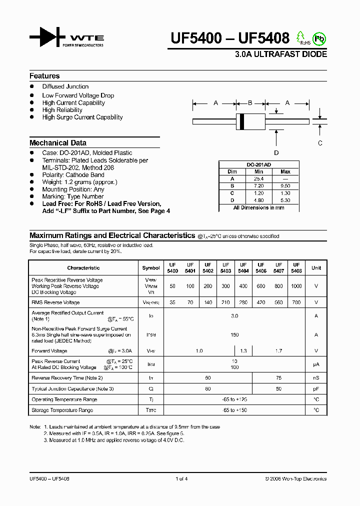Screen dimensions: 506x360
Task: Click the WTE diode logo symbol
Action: [47, 38]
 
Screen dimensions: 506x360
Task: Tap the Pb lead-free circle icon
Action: [318, 38]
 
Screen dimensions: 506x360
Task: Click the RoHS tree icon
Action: [301, 37]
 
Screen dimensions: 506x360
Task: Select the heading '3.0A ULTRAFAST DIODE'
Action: [281, 54]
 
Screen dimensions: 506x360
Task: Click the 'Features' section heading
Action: [44, 76]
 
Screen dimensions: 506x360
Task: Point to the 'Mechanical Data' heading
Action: [57, 142]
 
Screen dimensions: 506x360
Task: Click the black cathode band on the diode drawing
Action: [242, 121]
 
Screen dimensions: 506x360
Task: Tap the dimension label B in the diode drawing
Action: [250, 103]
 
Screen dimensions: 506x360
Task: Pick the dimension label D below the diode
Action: [276, 153]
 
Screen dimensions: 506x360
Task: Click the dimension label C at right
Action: [320, 142]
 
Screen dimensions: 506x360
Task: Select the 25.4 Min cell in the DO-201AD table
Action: [258, 178]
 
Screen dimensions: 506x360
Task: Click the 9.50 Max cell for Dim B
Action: [285, 185]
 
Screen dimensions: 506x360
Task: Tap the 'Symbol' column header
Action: [151, 268]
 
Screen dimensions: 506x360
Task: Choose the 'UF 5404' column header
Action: [243, 267]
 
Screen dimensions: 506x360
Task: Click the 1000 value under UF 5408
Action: [296, 286]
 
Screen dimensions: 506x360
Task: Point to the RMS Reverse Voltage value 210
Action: [225, 302]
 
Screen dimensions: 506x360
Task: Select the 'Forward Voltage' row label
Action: [49, 351]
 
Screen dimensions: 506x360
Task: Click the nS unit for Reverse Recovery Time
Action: [316, 378]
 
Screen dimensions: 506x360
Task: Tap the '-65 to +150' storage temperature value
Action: [234, 410]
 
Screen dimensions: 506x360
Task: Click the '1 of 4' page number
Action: [181, 479]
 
